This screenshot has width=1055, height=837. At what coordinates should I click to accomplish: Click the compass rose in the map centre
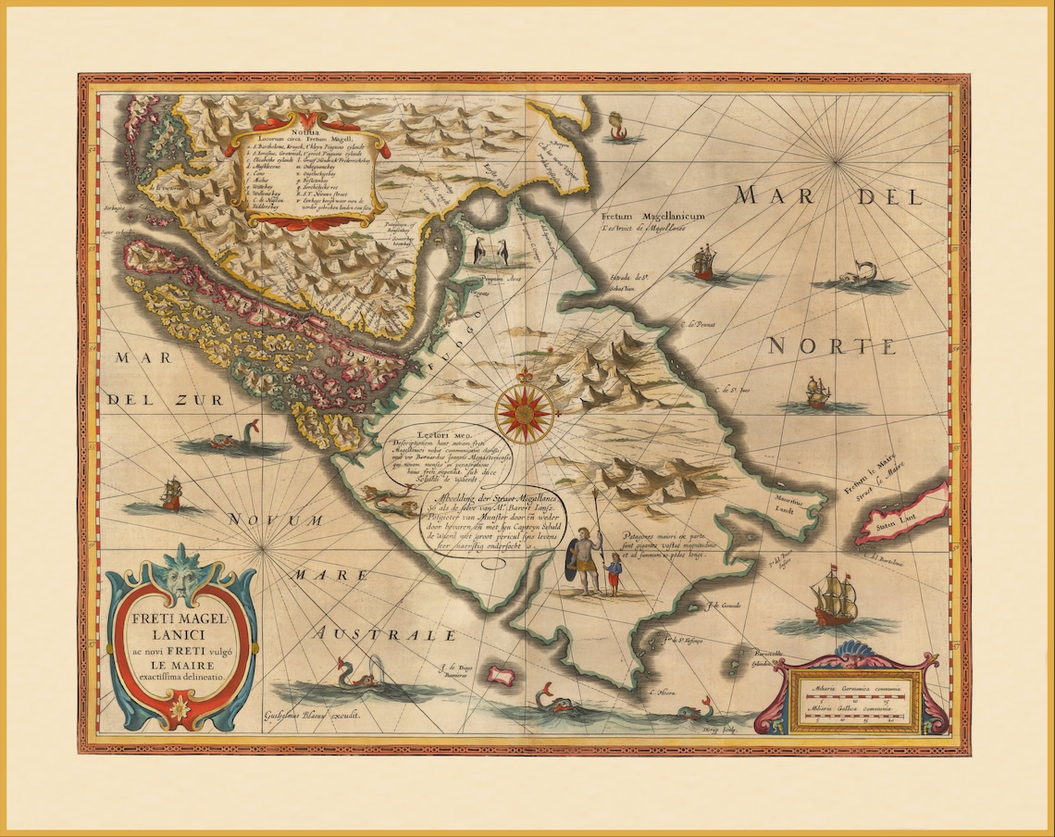click(x=524, y=412)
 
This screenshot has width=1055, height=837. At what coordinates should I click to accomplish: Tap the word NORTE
click(x=832, y=347)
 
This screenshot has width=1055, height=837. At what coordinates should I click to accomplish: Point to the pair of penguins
click(x=491, y=252)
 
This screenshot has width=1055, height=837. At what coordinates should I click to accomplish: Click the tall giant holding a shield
click(x=582, y=561)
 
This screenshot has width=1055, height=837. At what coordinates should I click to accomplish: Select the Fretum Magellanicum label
click(x=652, y=216)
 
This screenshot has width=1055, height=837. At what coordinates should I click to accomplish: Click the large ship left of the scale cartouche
click(x=834, y=599)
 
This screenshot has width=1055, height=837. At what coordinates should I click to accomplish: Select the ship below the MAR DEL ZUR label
click(x=171, y=494)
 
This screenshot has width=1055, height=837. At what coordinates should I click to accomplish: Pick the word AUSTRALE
click(x=383, y=635)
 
